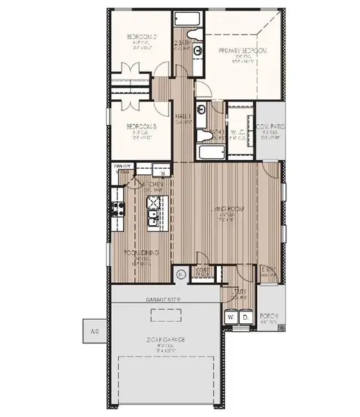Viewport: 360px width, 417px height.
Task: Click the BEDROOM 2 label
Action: pyautogui.click(x=140, y=37)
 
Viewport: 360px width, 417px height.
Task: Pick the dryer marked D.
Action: pyautogui.click(x=245, y=317)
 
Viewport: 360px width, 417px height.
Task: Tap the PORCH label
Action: pyautogui.click(x=268, y=316)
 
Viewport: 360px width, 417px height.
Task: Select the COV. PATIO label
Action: pyautogui.click(x=271, y=127)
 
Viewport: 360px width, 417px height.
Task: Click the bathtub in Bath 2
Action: pyautogui.click(x=187, y=19)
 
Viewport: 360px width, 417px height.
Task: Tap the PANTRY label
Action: pyautogui.click(x=122, y=167)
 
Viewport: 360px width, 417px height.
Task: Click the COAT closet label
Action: pyautogui.click(x=203, y=270)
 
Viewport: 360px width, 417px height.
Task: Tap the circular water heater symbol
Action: pyautogui.click(x=182, y=275)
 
